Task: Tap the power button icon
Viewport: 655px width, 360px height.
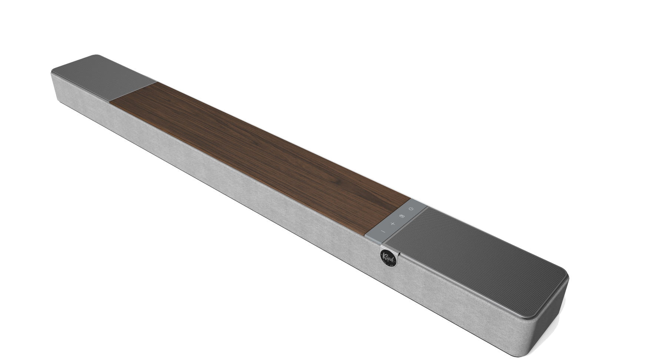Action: point(411,209)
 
